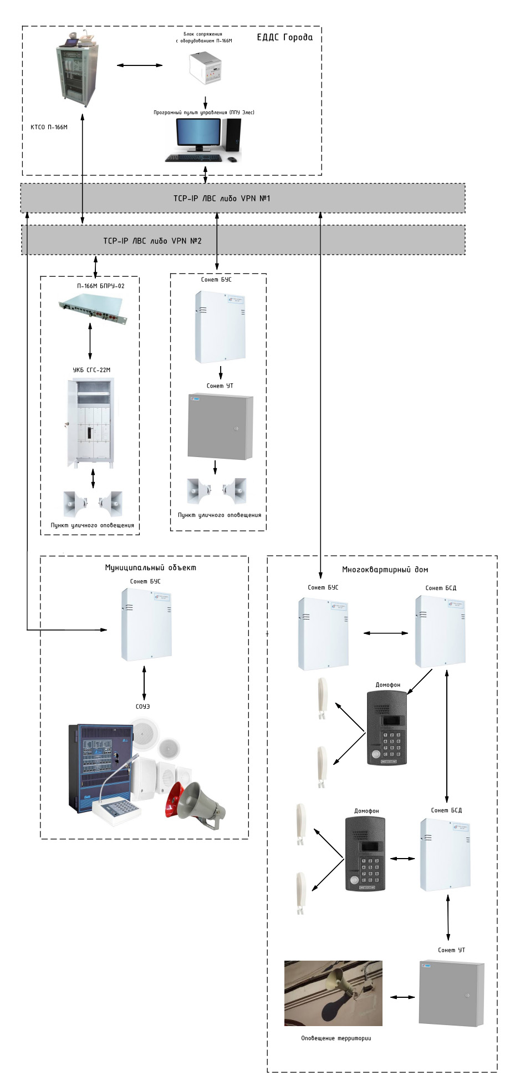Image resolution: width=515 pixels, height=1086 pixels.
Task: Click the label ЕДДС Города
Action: (284, 38)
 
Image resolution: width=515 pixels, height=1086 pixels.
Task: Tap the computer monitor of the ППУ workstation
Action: (198, 134)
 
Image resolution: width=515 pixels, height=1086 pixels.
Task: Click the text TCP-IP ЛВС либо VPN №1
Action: (221, 199)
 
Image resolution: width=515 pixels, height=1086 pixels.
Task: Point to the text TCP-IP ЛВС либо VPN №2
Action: (152, 241)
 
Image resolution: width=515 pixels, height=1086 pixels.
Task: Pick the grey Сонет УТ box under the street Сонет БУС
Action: (221, 427)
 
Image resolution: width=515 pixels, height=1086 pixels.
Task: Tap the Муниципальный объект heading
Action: (150, 567)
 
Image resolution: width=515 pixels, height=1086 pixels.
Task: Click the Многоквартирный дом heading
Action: (385, 570)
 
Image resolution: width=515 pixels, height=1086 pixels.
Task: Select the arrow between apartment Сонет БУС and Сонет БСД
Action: (385, 633)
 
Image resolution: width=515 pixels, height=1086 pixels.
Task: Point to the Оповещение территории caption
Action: (336, 1038)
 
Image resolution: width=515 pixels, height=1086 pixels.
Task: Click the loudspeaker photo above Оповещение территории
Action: (333, 993)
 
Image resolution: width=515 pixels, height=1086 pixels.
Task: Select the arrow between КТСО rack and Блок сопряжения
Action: (140, 65)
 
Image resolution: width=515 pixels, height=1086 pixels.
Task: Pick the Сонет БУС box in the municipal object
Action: (146, 624)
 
